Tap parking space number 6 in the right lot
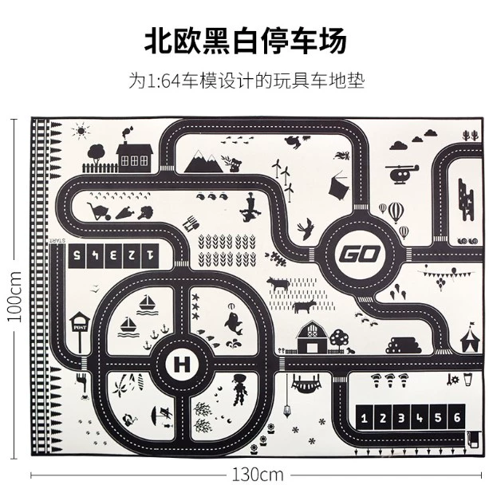[456, 417]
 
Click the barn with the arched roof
[312, 338]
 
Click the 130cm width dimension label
[258, 474]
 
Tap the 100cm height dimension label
[13, 294]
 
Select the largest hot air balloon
[397, 211]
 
